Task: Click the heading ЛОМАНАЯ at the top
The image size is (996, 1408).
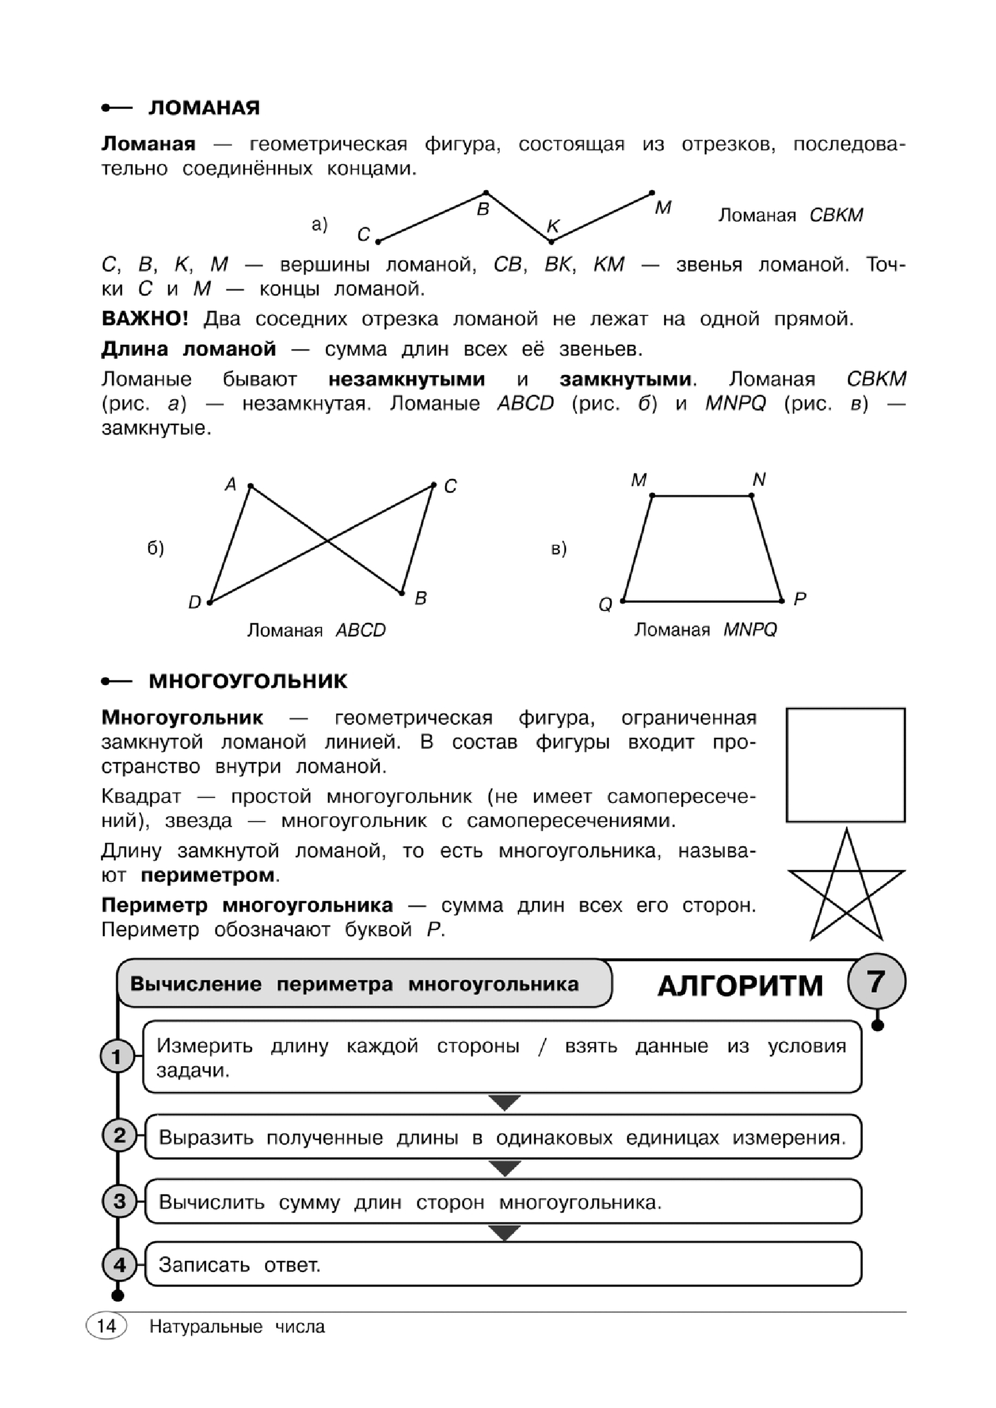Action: (x=204, y=108)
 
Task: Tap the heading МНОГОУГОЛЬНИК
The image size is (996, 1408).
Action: (x=247, y=681)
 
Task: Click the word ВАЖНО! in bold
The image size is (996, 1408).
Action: (x=145, y=319)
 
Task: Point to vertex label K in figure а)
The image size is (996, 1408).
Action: (x=553, y=226)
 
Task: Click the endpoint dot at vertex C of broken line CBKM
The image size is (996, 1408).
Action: (x=378, y=241)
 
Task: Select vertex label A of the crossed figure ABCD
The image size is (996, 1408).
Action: (x=231, y=485)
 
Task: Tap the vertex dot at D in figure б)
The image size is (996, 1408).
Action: (x=210, y=602)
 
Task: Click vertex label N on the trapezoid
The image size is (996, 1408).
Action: (x=759, y=480)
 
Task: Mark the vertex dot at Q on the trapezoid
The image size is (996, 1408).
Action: (x=623, y=601)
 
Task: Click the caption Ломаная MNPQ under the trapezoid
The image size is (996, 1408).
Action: (x=705, y=630)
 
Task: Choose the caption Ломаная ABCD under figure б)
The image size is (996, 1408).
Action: (x=317, y=630)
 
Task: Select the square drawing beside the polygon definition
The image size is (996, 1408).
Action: (x=845, y=764)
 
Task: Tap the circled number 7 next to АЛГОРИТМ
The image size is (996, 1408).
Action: (x=876, y=982)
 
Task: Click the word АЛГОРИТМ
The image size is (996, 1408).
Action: (x=740, y=986)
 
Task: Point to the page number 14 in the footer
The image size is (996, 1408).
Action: (x=106, y=1327)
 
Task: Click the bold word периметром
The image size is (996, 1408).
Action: (x=208, y=875)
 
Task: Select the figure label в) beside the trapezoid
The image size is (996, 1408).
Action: (x=559, y=548)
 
